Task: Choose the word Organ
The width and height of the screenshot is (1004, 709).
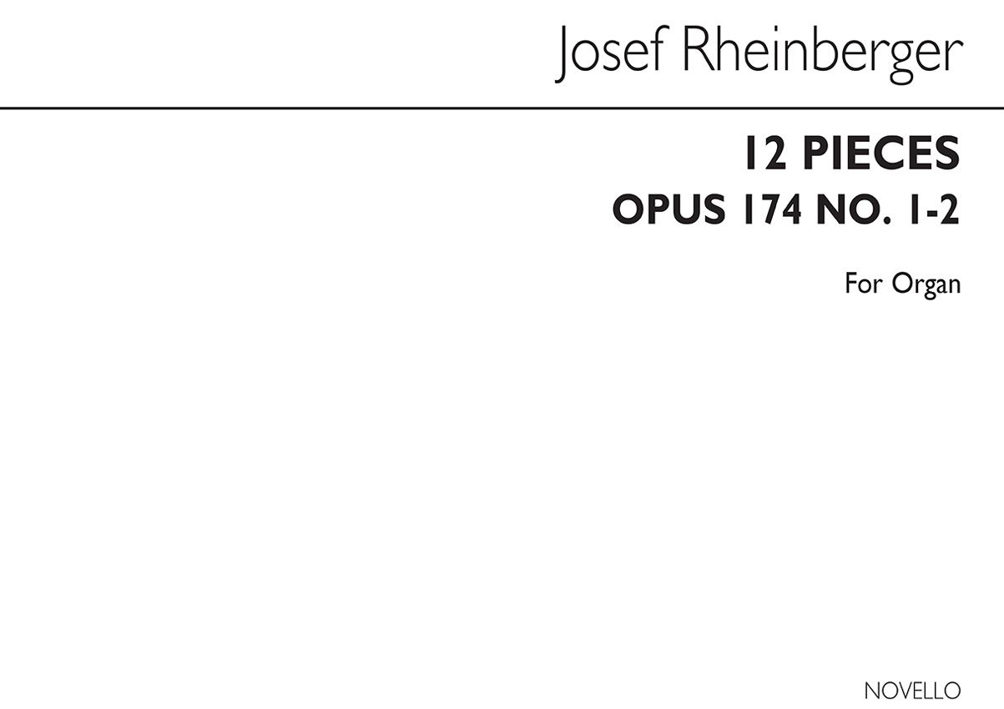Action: [x=927, y=284]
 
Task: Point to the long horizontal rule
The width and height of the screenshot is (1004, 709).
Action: [x=502, y=108]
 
